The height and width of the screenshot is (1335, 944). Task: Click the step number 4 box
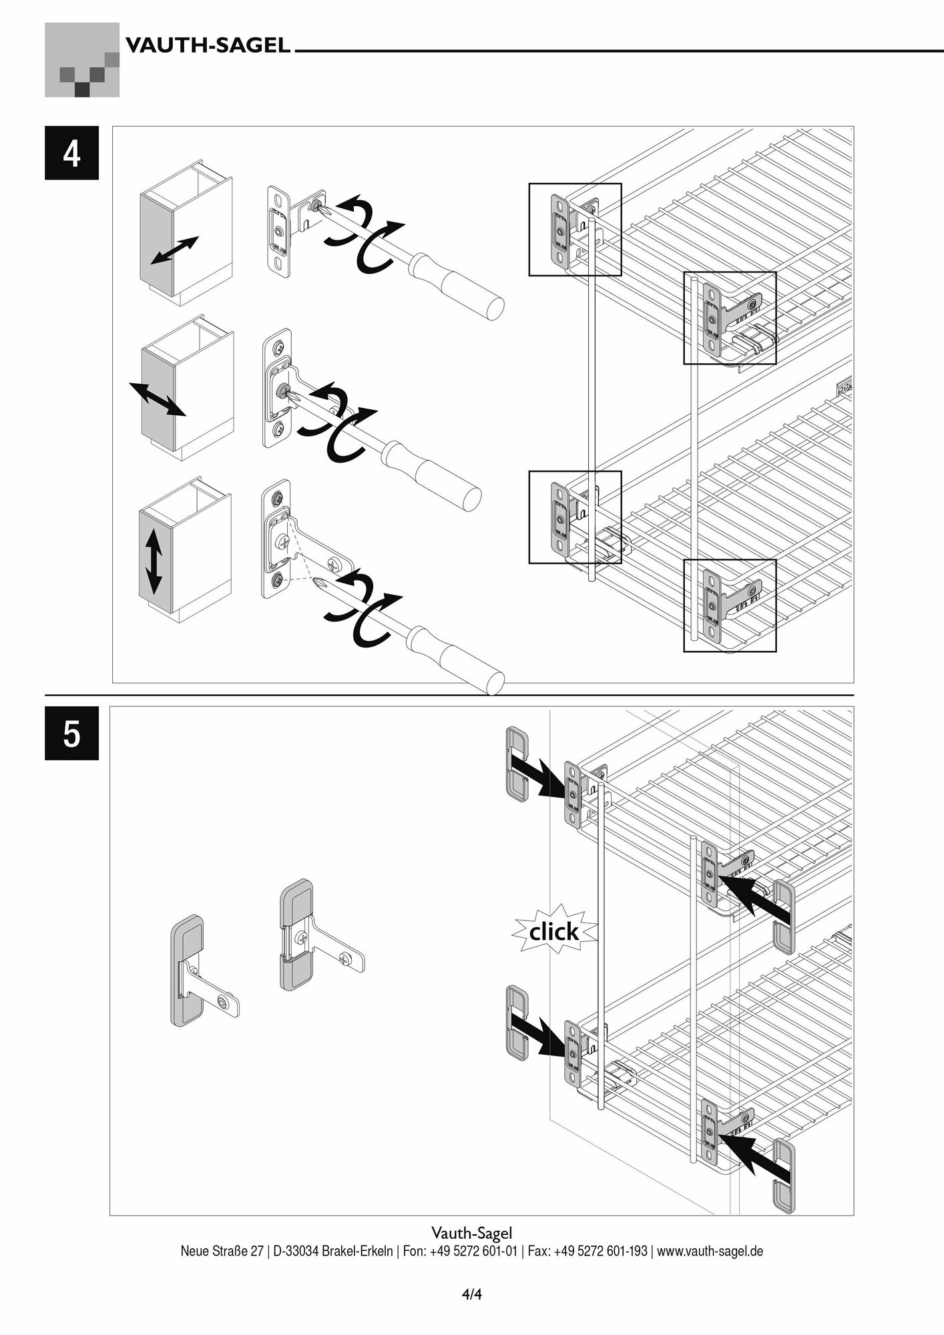(71, 153)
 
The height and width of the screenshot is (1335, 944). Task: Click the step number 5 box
(71, 733)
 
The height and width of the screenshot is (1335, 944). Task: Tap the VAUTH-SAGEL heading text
(208, 46)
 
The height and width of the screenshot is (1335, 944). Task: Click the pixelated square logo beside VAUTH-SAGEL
(82, 60)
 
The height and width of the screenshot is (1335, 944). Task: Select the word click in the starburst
(553, 931)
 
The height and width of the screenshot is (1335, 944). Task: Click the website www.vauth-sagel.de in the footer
(710, 1250)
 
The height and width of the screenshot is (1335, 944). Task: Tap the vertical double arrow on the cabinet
(153, 561)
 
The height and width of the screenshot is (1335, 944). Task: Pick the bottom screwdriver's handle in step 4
(461, 658)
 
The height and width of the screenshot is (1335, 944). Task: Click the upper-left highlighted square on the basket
(575, 230)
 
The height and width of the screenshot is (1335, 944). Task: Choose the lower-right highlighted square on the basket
(730, 605)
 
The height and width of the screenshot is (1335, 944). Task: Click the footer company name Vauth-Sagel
(471, 1232)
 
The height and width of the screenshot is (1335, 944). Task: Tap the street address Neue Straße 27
(222, 1250)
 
